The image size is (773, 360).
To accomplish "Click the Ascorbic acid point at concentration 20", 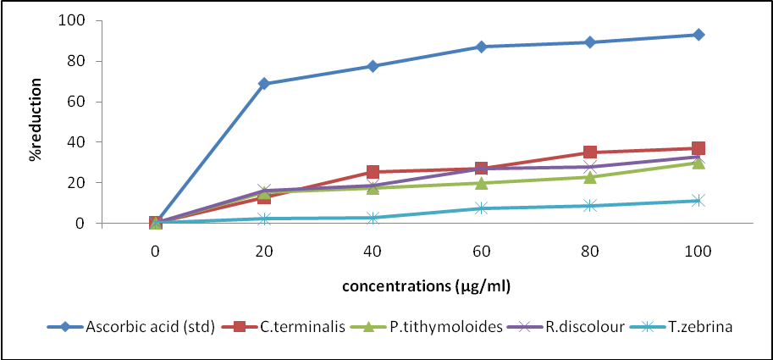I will tap(264, 84).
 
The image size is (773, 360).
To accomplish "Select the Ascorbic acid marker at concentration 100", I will tap(698, 35).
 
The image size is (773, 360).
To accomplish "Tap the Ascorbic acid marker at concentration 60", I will tap(481, 47).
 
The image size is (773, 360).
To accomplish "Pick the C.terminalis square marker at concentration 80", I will tap(590, 152).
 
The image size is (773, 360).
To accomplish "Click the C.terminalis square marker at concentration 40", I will tap(373, 172).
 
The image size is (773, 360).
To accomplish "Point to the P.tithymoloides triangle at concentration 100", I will tap(698, 163).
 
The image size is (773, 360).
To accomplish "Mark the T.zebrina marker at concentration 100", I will tap(698, 201).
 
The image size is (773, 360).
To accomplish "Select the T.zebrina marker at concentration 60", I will tap(481, 208).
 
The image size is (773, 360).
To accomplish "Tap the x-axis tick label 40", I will tap(373, 251).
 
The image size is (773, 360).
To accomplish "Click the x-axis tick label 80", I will tap(590, 251).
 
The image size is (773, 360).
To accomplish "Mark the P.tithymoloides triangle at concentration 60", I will tap(481, 183).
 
